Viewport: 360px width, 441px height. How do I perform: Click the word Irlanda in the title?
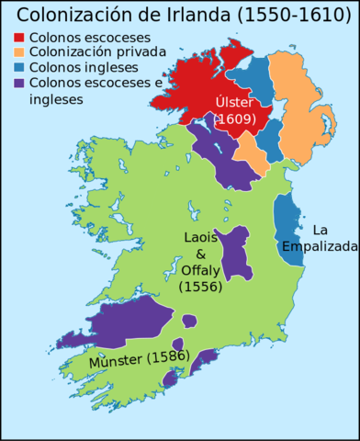coord(197,16)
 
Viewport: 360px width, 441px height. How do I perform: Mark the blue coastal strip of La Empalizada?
coord(289,230)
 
